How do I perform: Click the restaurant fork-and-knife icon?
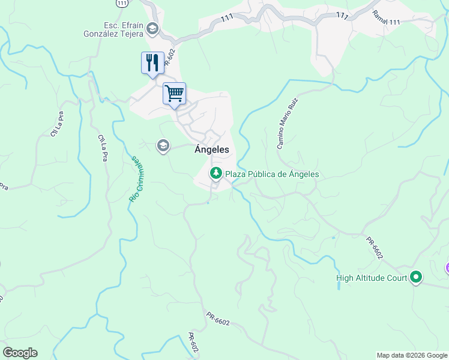pyautogui.click(x=152, y=62)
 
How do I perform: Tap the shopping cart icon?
pyautogui.click(x=174, y=93)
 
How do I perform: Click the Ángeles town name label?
pyautogui.click(x=211, y=150)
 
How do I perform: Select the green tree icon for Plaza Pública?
pyautogui.click(x=215, y=174)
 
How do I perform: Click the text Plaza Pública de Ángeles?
pyautogui.click(x=271, y=175)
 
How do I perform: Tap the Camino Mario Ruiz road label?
pyautogui.click(x=287, y=124)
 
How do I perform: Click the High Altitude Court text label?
pyautogui.click(x=371, y=278)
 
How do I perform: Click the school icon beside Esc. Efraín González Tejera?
pyautogui.click(x=152, y=28)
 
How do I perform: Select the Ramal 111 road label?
pyautogui.click(x=386, y=17)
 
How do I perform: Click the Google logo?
pyautogui.click(x=19, y=353)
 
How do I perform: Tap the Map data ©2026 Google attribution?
pyautogui.click(x=412, y=355)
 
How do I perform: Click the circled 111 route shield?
pyautogui.click(x=123, y=3)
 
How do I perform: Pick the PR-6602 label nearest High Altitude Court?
pyautogui.click(x=375, y=248)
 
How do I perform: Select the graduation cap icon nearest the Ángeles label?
pyautogui.click(x=163, y=146)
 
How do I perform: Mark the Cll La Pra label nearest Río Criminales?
pyautogui.click(x=103, y=148)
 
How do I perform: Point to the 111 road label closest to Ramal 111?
pyautogui.click(x=342, y=16)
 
